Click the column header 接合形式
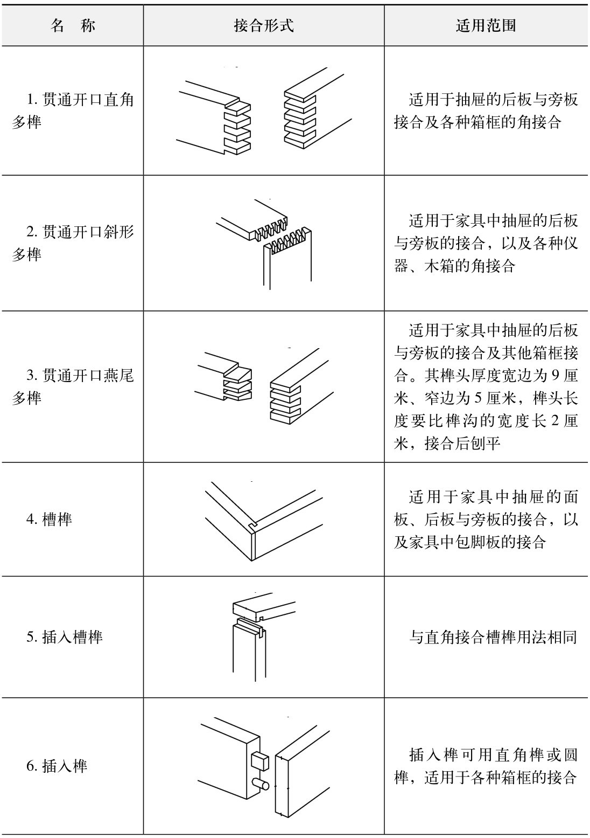click(x=264, y=25)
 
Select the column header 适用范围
click(x=486, y=25)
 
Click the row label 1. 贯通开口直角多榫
click(x=73, y=111)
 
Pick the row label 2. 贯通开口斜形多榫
click(x=73, y=243)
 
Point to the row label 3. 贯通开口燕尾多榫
click(x=73, y=386)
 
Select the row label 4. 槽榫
click(x=49, y=520)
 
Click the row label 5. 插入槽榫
click(x=64, y=637)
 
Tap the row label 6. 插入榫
click(x=57, y=766)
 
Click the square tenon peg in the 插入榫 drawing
click(x=259, y=760)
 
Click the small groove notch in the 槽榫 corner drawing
click(x=253, y=523)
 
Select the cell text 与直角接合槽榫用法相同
click(x=493, y=638)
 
